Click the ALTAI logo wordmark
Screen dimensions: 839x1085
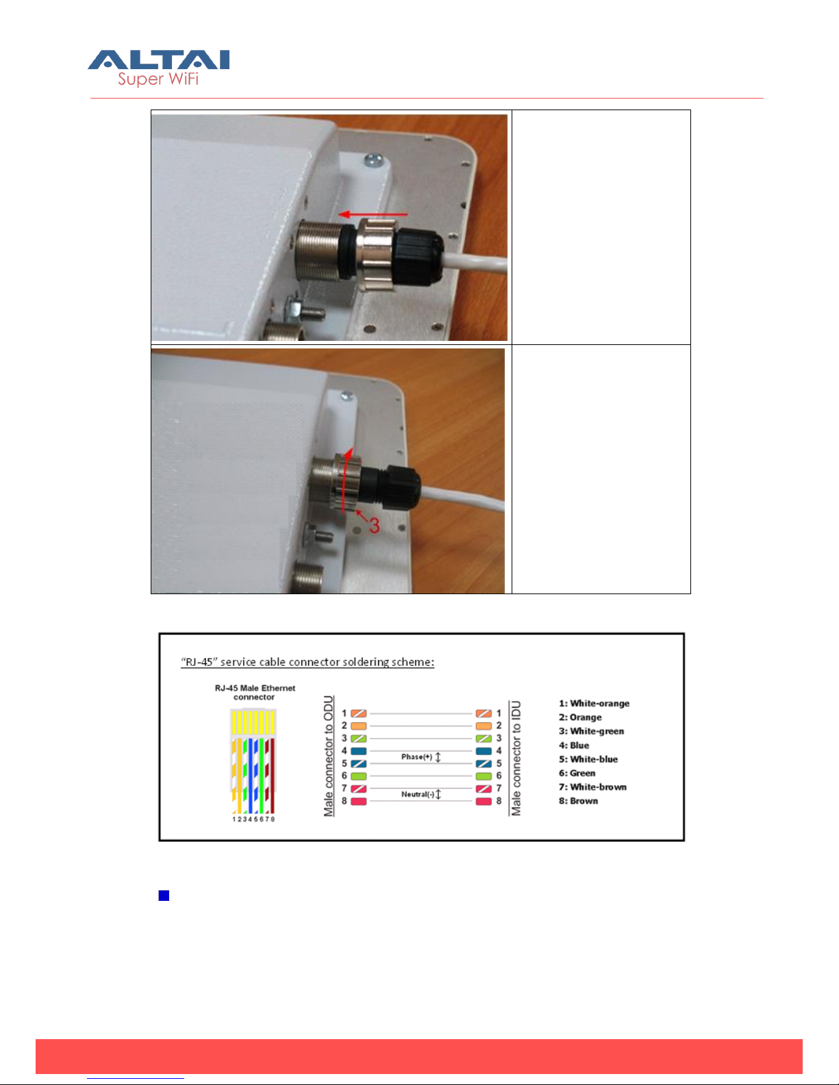point(159,60)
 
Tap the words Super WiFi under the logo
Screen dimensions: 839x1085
point(158,79)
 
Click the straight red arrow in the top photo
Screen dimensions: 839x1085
point(373,215)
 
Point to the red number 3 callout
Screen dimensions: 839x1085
point(374,525)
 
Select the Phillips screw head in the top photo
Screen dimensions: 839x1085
point(373,159)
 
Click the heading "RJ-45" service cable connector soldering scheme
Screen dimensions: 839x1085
point(307,662)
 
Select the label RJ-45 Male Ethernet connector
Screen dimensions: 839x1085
point(255,693)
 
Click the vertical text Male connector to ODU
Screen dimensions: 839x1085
point(328,756)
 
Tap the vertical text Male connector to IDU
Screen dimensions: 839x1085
point(515,758)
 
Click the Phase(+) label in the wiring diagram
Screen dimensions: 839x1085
point(416,757)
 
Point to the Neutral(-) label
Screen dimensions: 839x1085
point(418,794)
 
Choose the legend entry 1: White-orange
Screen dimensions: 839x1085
point(594,703)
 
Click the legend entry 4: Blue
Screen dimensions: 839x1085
point(574,745)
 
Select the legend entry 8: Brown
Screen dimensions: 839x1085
point(578,801)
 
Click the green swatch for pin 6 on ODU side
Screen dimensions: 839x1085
point(359,776)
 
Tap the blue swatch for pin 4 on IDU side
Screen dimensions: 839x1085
point(484,751)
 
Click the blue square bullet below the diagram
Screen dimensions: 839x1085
point(164,896)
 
